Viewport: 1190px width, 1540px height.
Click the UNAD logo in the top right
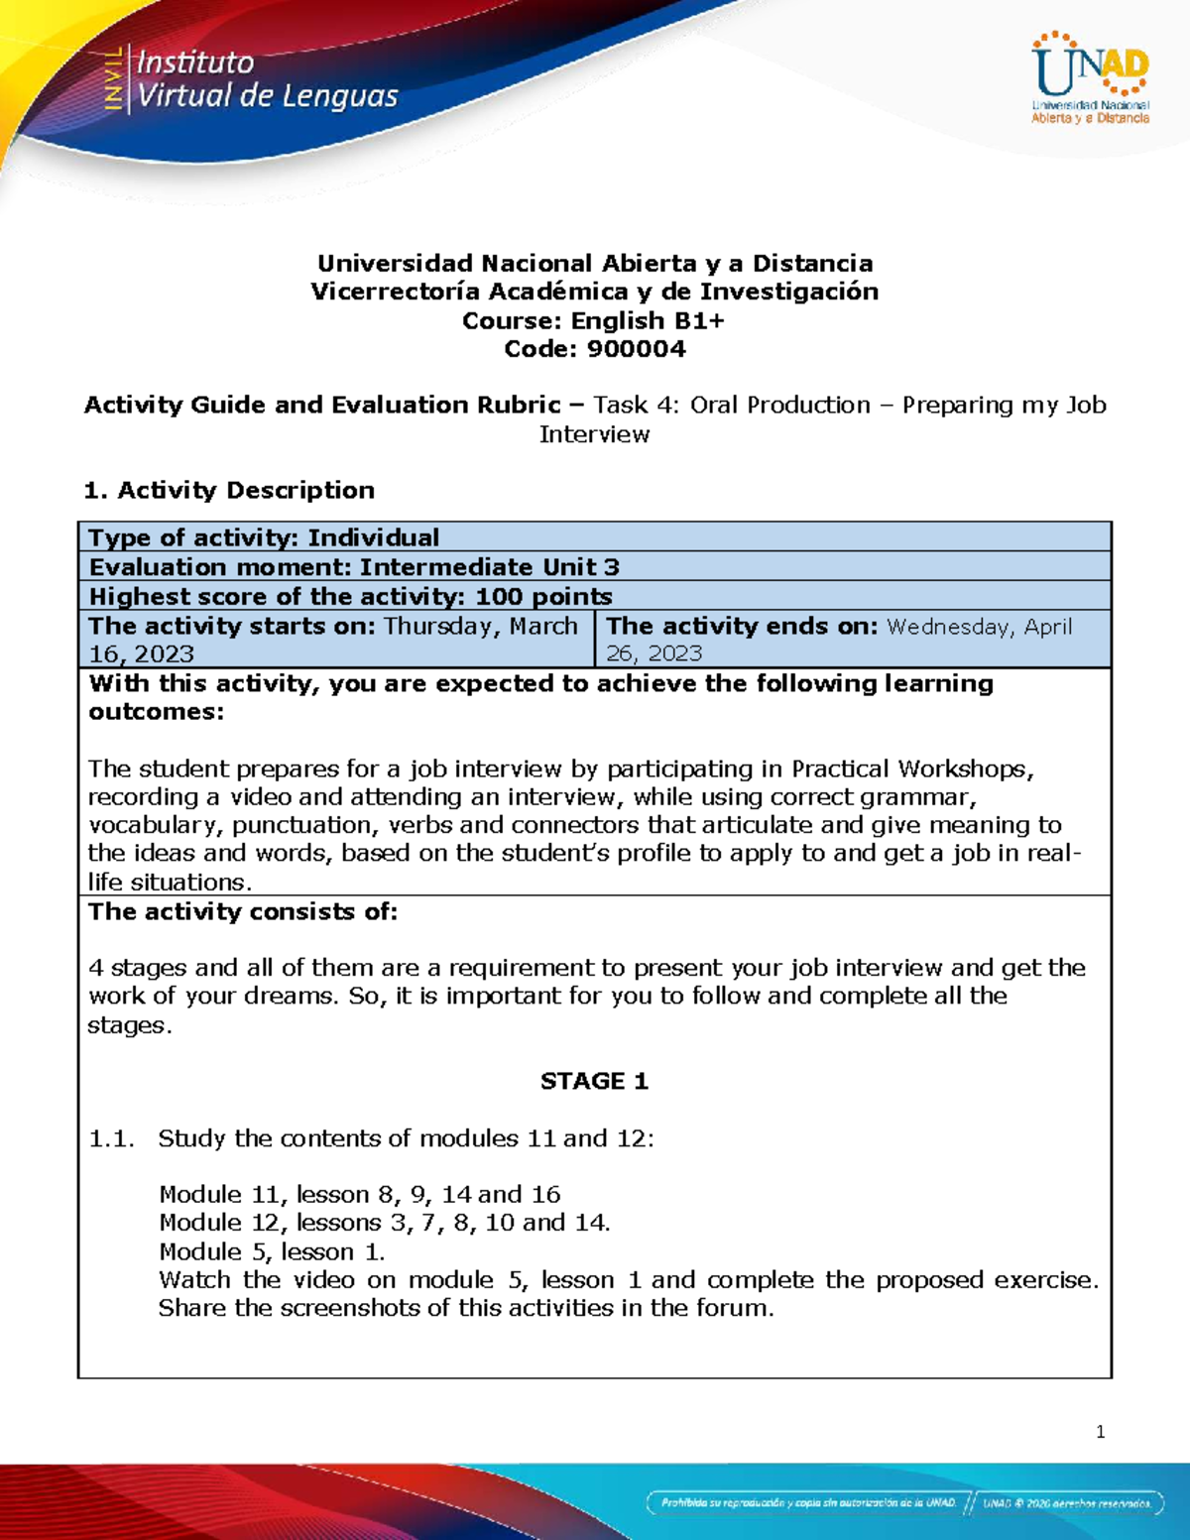tap(1090, 78)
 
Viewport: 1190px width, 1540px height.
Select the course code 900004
tap(636, 349)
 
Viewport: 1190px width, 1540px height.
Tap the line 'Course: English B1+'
tap(593, 320)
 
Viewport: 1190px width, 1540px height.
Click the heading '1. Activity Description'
tap(229, 490)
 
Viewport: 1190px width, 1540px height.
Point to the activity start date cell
tap(335, 640)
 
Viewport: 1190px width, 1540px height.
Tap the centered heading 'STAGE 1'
tap(594, 1081)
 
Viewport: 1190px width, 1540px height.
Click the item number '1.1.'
tap(111, 1138)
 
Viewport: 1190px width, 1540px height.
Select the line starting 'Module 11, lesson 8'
tap(359, 1194)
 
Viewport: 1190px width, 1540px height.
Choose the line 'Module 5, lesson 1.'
tap(272, 1251)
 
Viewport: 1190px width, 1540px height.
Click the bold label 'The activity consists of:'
tap(243, 911)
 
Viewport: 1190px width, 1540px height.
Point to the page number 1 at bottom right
tap(1100, 1432)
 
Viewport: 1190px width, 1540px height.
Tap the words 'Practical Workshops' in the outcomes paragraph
tap(911, 769)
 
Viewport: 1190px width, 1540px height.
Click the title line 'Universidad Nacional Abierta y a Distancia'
tap(595, 263)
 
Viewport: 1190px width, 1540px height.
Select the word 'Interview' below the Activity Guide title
tap(594, 434)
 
